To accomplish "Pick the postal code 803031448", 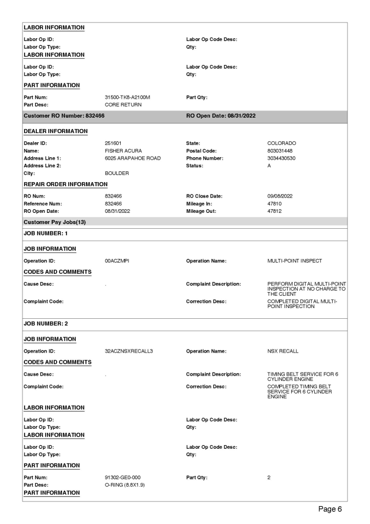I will tap(281, 151).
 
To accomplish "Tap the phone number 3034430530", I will tap(283, 159).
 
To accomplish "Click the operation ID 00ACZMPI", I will tap(117, 261).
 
